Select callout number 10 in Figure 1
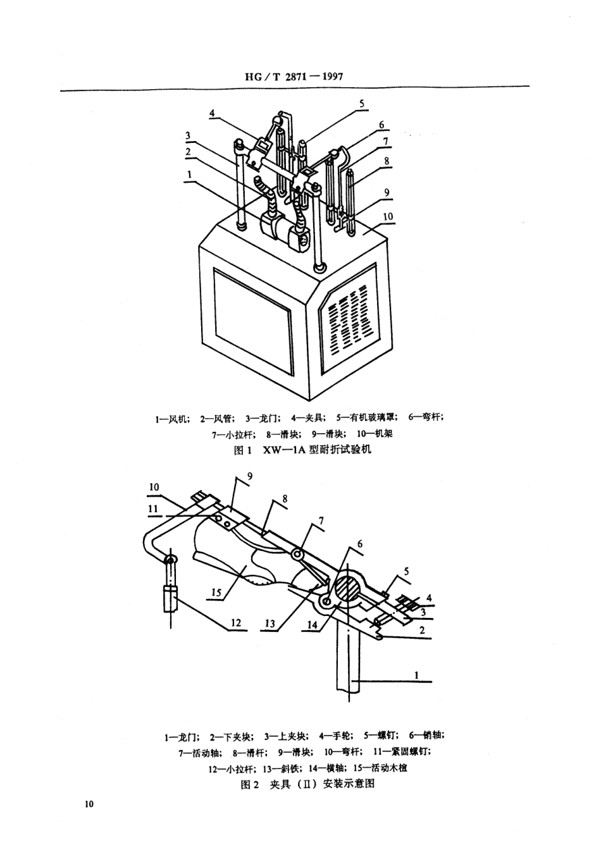pos(388,216)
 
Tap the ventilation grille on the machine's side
pos(347,320)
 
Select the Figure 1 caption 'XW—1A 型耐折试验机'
pos(302,450)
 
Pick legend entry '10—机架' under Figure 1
pos(374,434)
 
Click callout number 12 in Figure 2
pos(235,623)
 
